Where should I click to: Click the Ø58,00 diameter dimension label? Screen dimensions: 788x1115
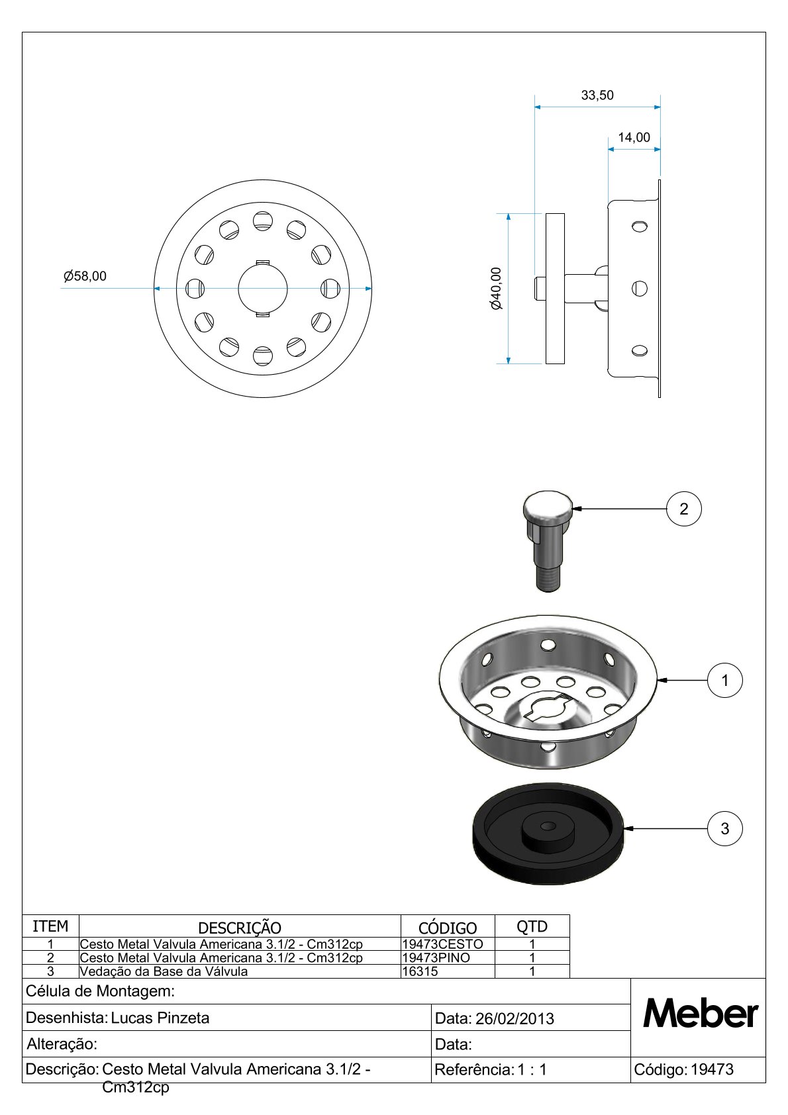(x=85, y=275)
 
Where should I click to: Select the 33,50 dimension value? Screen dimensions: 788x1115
(x=597, y=95)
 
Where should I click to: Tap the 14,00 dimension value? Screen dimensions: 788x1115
(x=634, y=137)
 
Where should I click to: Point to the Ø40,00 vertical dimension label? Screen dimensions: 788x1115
(x=496, y=288)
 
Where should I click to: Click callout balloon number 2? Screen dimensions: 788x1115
(x=683, y=509)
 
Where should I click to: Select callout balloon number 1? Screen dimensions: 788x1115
(x=725, y=680)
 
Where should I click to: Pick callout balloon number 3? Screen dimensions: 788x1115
(x=725, y=828)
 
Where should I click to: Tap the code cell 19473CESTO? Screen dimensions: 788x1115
(x=442, y=944)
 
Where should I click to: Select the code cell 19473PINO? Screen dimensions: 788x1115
(x=436, y=957)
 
